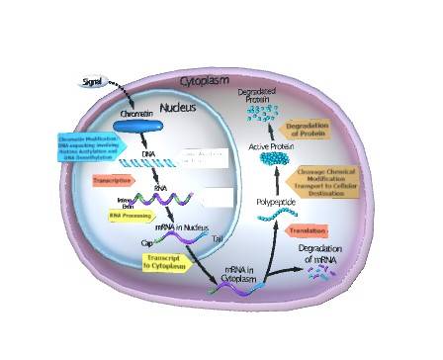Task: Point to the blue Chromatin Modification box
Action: [x=95, y=147]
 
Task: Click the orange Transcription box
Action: [x=114, y=181]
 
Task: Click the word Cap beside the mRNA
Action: [x=145, y=240]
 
